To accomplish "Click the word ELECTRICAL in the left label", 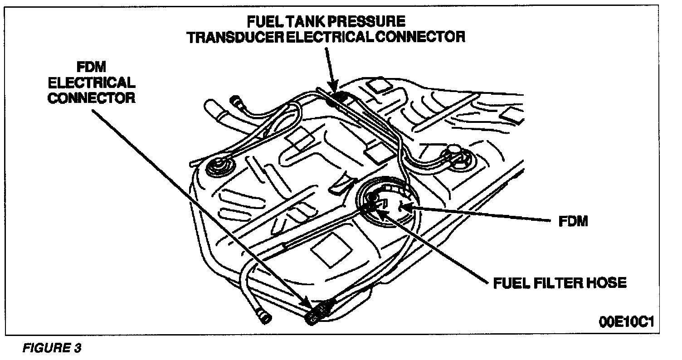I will click(92, 83).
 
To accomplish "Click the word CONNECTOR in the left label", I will click(92, 98).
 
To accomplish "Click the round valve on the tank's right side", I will click(454, 153).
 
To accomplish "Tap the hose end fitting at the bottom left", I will click(262, 314).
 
